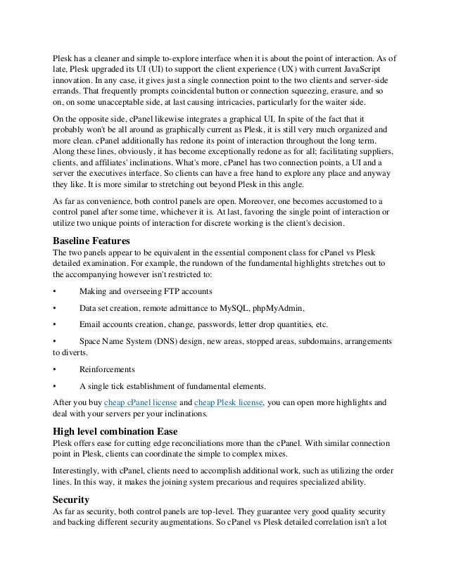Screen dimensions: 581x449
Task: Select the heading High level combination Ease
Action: [120, 431]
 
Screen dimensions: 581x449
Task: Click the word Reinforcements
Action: [107, 368]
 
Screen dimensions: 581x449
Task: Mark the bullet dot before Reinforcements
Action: [56, 368]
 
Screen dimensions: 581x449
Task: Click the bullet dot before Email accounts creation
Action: [56, 324]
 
